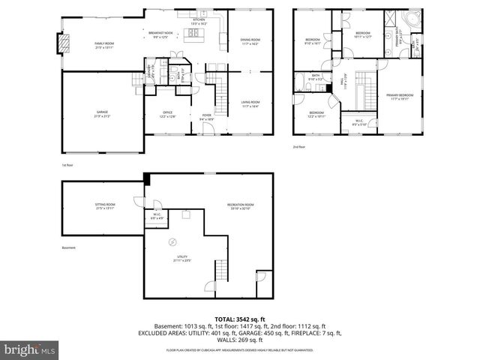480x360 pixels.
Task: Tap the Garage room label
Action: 101,113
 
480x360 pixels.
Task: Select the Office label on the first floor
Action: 167,114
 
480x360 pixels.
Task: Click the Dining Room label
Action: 250,42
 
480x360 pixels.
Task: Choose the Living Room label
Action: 250,103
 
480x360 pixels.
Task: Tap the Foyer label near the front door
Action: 205,116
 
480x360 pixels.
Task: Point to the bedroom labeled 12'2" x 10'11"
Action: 316,114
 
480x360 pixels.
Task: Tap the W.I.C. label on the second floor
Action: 359,123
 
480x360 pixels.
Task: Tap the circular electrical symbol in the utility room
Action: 172,242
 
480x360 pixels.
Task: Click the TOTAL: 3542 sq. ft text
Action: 240,319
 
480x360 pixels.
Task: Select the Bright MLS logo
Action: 29,349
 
